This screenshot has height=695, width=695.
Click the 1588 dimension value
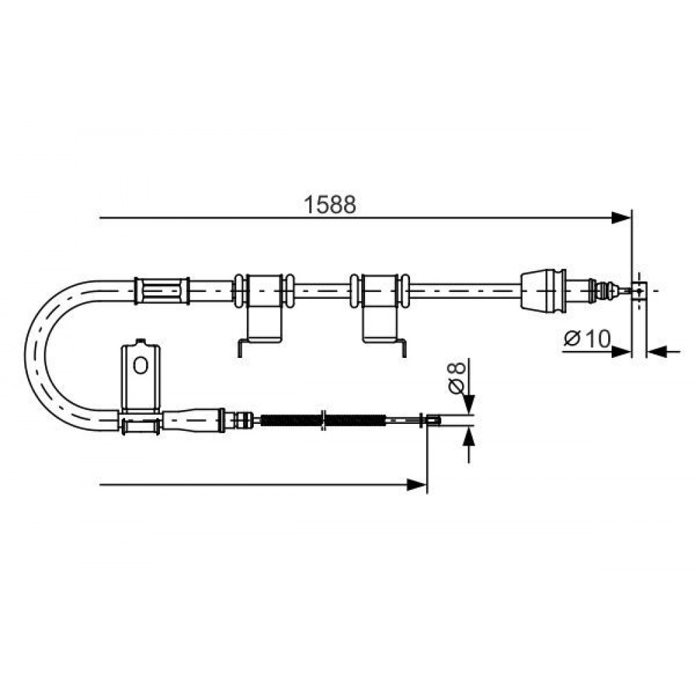click(x=329, y=205)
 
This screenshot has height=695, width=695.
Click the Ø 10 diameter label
click(x=587, y=339)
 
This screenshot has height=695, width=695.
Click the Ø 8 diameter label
click(x=457, y=377)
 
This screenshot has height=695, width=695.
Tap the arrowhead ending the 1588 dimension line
click(x=621, y=218)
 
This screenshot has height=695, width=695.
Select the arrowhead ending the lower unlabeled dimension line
click(x=416, y=484)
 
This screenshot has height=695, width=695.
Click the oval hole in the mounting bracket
click(x=140, y=366)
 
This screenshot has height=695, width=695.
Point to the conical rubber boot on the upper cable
click(x=543, y=291)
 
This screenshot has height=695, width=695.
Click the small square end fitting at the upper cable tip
click(x=639, y=291)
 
